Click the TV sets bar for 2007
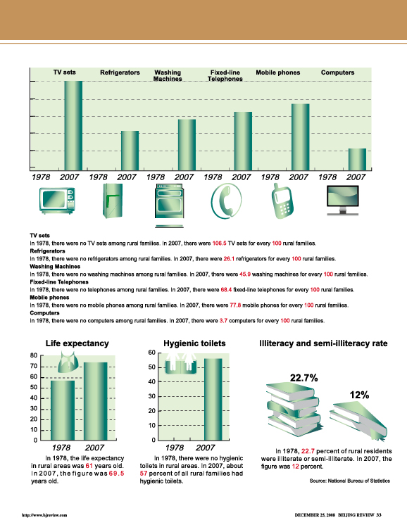[x=73, y=125]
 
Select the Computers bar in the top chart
[x=358, y=159]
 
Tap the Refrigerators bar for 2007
[x=130, y=151]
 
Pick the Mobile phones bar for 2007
[x=301, y=137]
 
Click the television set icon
[x=57, y=200]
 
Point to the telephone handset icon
[x=226, y=201]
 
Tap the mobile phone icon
[x=282, y=201]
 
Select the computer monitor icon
[x=342, y=200]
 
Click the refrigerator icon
[x=113, y=201]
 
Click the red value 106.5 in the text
[x=219, y=243]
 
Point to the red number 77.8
[x=235, y=305]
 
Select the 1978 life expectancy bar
[x=63, y=410]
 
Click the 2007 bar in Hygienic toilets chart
[x=213, y=399]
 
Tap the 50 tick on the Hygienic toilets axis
[x=151, y=367]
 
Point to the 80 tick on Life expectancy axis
[x=34, y=355]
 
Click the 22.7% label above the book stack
[x=303, y=378]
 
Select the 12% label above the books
[x=360, y=395]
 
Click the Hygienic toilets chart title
[x=194, y=343]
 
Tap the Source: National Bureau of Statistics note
[x=350, y=481]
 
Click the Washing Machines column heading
[x=168, y=75]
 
